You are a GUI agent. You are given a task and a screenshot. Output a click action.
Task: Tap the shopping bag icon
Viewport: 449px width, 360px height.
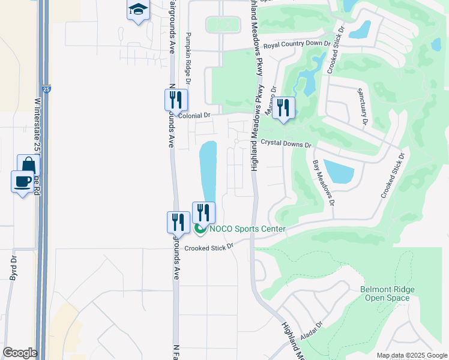pos(28,164)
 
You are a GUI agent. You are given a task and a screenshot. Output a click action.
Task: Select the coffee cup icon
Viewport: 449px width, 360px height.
pos(22,181)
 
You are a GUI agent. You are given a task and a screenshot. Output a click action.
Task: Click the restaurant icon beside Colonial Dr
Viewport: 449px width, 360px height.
pos(176,99)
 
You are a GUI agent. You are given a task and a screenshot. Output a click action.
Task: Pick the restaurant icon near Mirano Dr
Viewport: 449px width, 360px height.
pos(283,108)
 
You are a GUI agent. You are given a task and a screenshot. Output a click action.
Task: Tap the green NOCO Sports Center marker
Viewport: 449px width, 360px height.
pos(200,229)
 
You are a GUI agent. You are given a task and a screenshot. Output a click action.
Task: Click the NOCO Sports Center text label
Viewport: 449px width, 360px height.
pos(247,229)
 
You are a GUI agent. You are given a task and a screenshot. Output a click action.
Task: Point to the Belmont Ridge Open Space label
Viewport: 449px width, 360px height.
pos(387,293)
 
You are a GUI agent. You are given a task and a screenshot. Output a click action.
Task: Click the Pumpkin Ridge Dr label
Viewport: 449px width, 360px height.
pos(188,58)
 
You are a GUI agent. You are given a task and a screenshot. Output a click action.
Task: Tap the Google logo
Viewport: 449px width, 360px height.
pos(20,352)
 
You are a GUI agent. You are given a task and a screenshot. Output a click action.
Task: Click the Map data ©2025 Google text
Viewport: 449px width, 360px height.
pos(411,355)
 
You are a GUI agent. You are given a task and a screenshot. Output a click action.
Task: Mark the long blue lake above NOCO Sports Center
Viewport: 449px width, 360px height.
pos(207,171)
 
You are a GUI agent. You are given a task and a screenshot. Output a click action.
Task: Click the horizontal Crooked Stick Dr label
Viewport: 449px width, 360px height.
pos(208,248)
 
